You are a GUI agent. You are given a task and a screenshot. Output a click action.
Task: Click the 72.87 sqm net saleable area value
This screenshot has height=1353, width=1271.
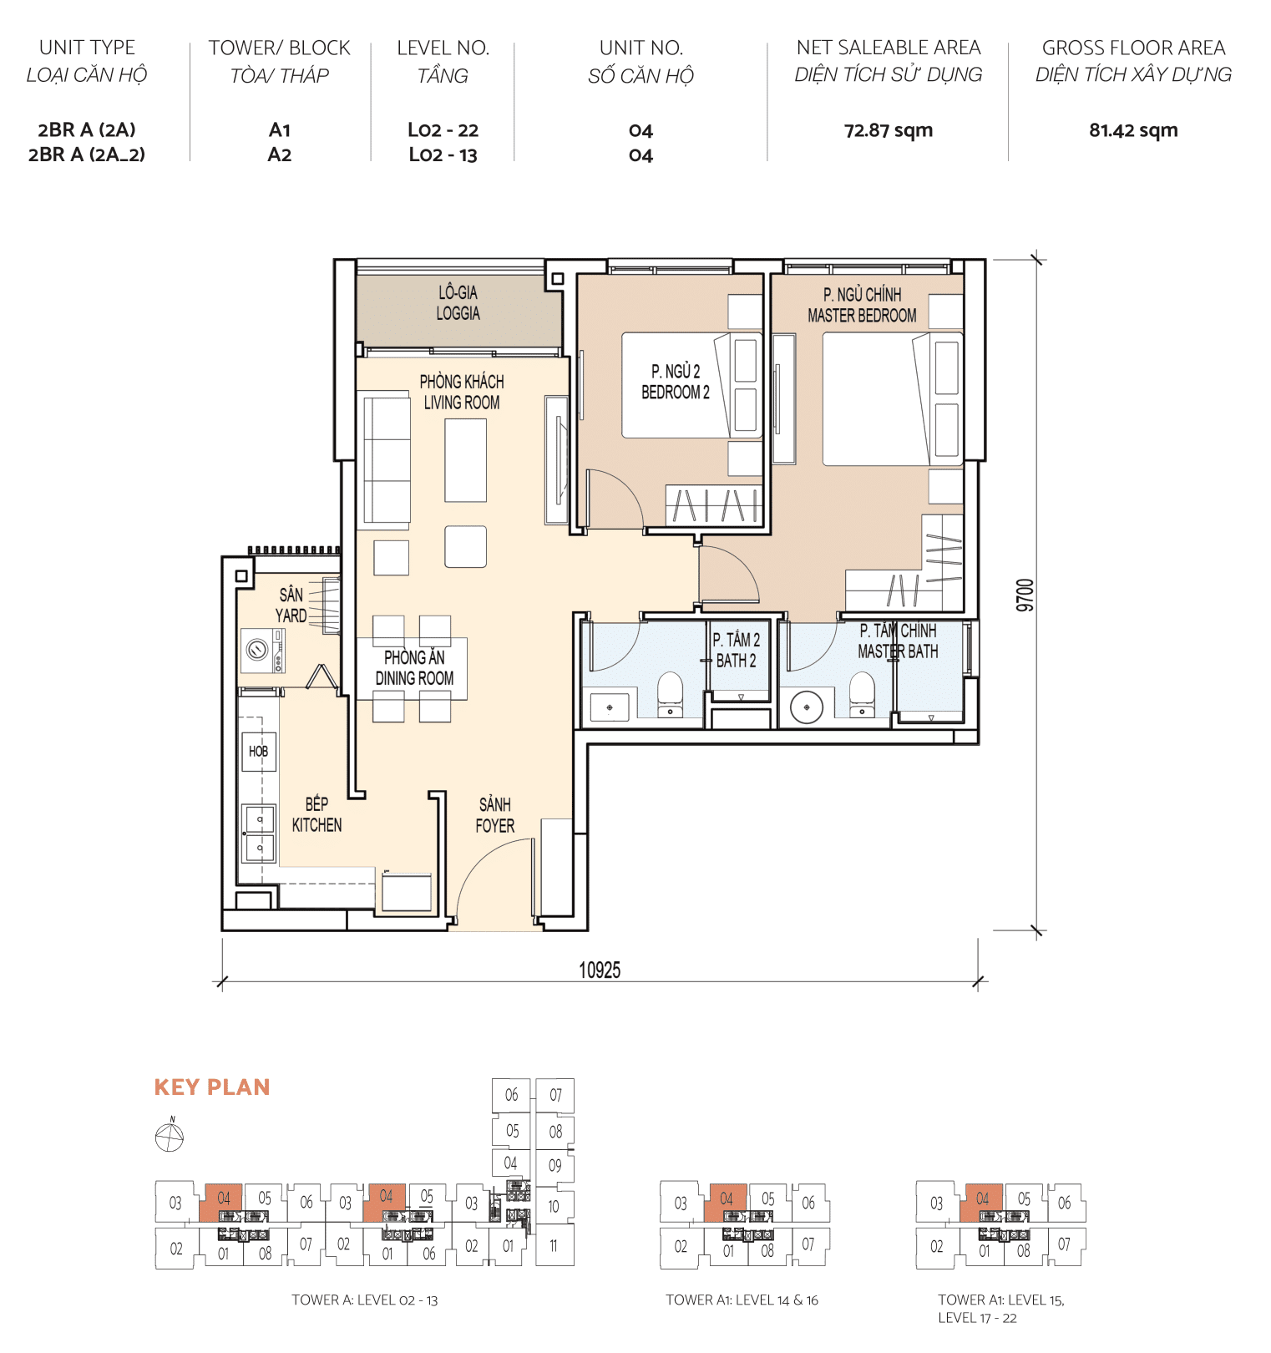[888, 130]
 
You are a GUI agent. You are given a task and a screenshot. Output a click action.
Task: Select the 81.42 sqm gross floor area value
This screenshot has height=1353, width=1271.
[1132, 130]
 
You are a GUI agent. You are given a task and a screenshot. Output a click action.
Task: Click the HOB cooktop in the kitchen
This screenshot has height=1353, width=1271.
[258, 751]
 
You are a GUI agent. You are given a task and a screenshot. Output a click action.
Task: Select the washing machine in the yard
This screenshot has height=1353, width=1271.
[258, 649]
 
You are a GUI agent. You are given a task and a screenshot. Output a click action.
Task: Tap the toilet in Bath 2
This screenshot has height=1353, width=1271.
[670, 695]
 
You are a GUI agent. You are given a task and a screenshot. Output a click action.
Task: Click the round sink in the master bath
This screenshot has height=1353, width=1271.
[806, 707]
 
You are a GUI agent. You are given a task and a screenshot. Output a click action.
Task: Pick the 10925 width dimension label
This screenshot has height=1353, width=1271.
[600, 970]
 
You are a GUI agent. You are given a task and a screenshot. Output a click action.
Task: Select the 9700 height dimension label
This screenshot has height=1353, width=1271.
[1025, 595]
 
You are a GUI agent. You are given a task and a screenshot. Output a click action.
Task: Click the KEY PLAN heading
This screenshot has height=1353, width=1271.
[212, 1087]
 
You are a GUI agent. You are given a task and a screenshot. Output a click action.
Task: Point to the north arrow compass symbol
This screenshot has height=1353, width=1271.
[170, 1137]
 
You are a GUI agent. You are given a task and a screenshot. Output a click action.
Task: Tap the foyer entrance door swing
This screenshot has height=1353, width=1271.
[493, 881]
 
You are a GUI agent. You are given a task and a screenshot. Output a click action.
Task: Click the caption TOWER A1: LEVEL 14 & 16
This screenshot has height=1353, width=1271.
[742, 1300]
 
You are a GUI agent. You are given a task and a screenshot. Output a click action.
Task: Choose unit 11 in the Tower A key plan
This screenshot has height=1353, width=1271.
[554, 1245]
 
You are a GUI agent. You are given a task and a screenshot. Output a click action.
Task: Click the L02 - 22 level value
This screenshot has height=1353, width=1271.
[443, 130]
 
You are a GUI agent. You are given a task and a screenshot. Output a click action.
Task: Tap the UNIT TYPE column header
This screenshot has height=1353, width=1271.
[87, 48]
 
